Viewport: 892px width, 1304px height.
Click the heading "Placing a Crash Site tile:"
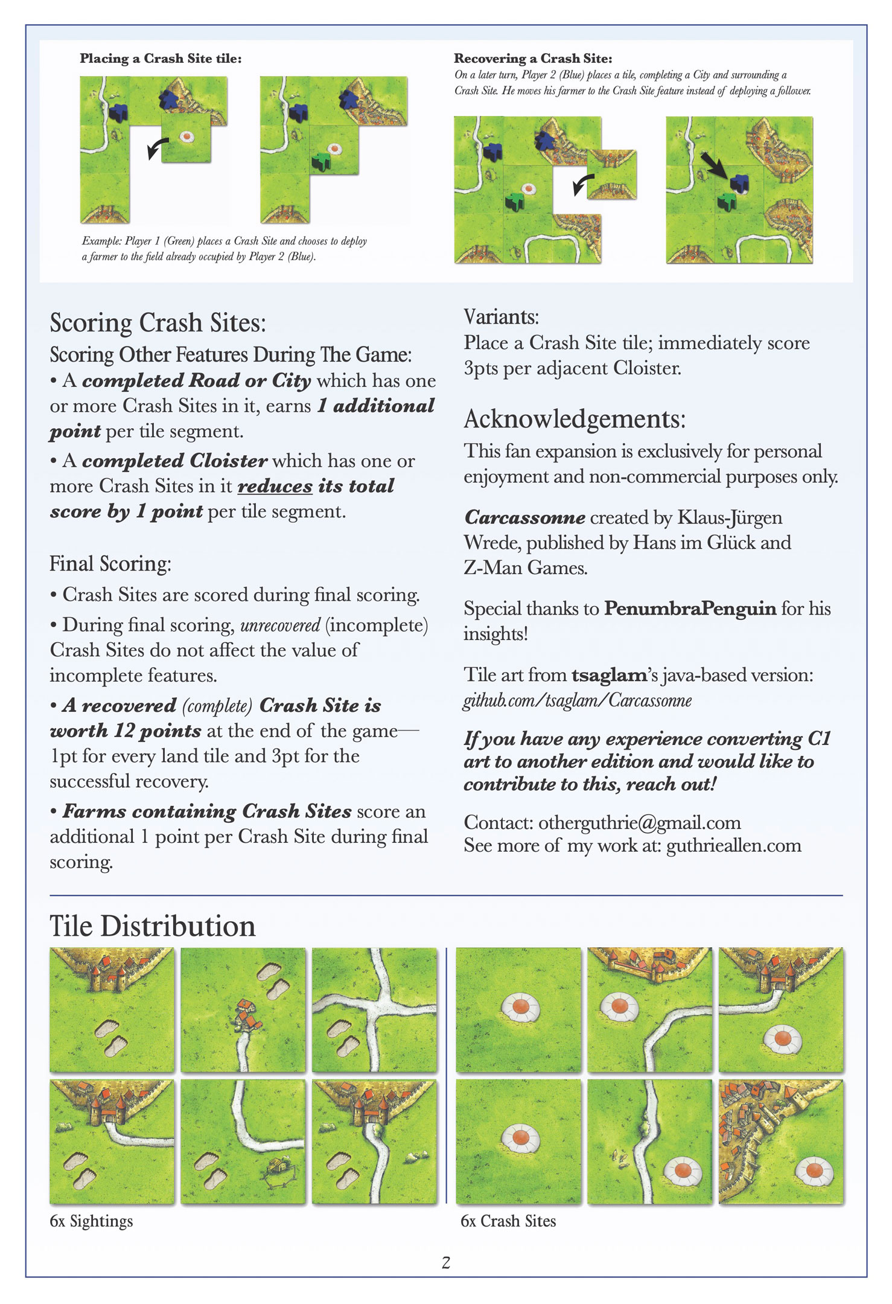pyautogui.click(x=161, y=59)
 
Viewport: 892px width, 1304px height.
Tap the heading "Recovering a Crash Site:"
pyautogui.click(x=533, y=59)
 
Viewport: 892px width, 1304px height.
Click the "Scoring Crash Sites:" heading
pyautogui.click(x=158, y=323)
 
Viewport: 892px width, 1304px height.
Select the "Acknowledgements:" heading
pyautogui.click(x=575, y=419)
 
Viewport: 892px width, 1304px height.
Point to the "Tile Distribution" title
pyautogui.click(x=153, y=926)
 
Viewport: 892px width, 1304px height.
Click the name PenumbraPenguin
pyautogui.click(x=690, y=609)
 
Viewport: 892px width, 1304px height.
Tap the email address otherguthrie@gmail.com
pyautogui.click(x=639, y=822)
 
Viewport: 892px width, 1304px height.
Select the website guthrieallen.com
pyautogui.click(x=733, y=845)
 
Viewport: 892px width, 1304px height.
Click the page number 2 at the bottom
pyautogui.click(x=446, y=1262)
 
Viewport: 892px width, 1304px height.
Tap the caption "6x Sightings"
pyautogui.click(x=91, y=1221)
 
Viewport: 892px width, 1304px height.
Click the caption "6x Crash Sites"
pyautogui.click(x=508, y=1221)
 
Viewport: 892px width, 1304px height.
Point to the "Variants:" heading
pyautogui.click(x=501, y=317)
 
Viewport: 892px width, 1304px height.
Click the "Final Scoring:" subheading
pyautogui.click(x=110, y=563)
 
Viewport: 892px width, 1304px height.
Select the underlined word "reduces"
pyautogui.click(x=275, y=486)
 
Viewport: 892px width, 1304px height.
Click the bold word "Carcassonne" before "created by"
pyautogui.click(x=524, y=517)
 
